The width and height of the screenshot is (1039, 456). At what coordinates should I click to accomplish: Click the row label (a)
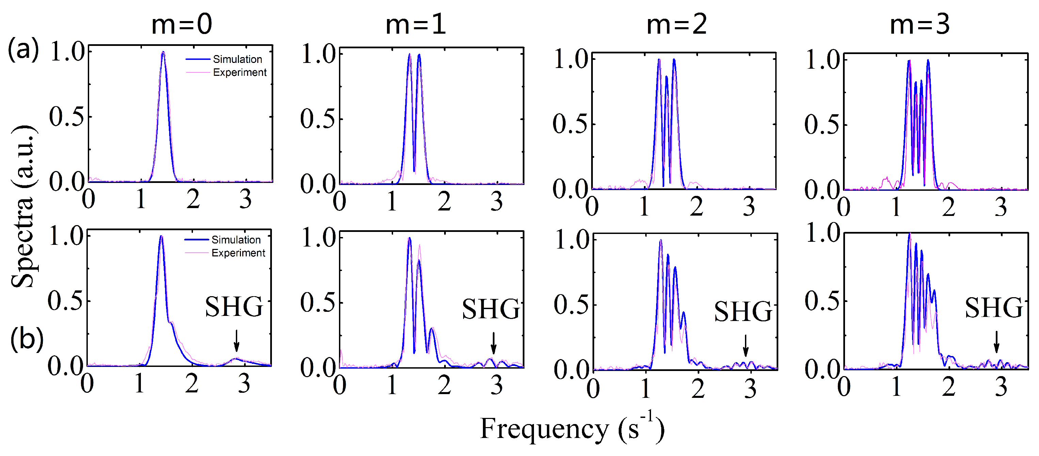(23, 50)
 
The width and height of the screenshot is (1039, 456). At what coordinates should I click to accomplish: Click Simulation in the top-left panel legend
(237, 59)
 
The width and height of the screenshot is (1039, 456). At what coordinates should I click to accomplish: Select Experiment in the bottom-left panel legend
(238, 253)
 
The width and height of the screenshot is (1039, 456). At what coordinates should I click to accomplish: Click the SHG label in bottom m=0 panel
(234, 307)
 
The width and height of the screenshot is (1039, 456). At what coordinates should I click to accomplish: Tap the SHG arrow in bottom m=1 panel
(493, 343)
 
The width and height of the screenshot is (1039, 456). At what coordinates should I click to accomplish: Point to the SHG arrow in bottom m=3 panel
(996, 342)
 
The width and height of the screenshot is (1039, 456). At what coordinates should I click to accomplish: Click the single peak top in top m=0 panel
(163, 52)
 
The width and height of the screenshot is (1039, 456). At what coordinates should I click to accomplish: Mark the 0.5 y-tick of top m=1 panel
(318, 119)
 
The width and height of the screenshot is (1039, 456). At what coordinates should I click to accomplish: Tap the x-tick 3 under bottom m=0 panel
(244, 384)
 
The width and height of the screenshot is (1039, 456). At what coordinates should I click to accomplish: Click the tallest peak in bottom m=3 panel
(910, 234)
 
